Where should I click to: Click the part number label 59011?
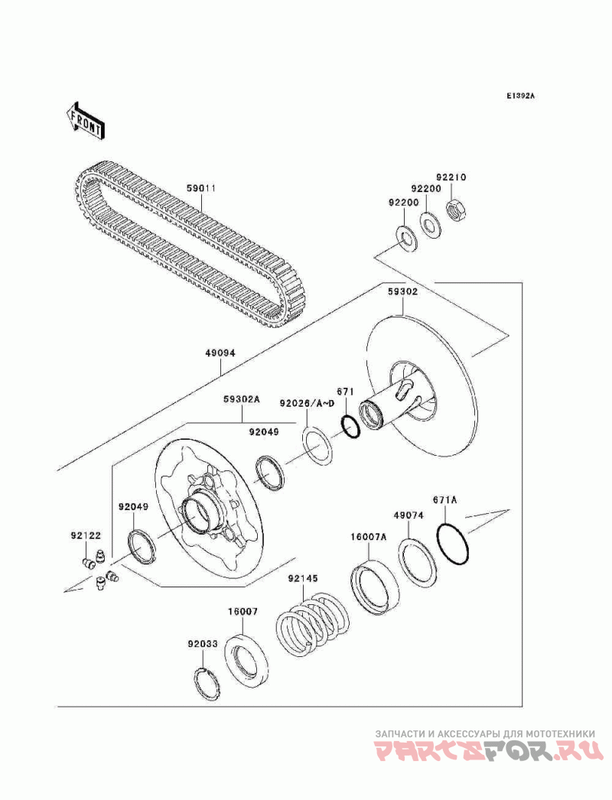[x=200, y=188]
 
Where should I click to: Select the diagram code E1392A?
[x=521, y=96]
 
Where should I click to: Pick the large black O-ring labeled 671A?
[x=453, y=543]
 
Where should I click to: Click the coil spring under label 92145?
[x=313, y=623]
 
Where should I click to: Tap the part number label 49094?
[x=220, y=353]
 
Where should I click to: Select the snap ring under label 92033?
[x=208, y=683]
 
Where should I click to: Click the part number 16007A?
[x=369, y=536]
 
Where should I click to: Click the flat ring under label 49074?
[x=418, y=562]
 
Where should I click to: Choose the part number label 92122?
[x=86, y=535]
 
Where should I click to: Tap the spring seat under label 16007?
[x=246, y=660]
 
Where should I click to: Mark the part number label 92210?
[x=451, y=177]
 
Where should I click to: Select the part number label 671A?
[x=445, y=500]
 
